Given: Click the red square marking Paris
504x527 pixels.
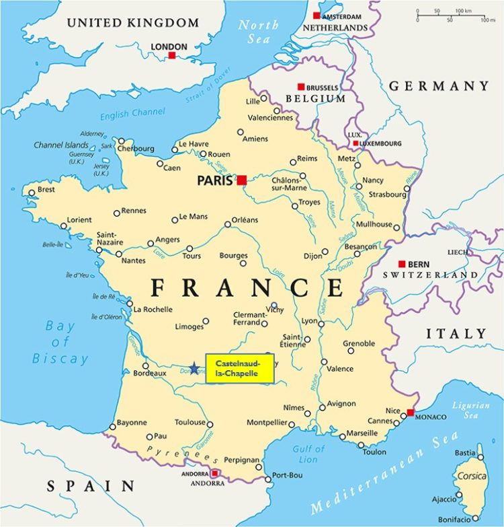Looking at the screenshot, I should pyautogui.click(x=242, y=180).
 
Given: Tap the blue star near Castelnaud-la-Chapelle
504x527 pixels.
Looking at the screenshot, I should pyautogui.click(x=194, y=368).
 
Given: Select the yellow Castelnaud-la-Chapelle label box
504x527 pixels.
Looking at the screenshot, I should pyautogui.click(x=240, y=368).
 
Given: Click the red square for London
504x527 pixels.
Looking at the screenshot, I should pyautogui.click(x=172, y=55).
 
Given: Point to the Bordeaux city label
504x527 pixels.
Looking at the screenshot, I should pyautogui.click(x=149, y=373).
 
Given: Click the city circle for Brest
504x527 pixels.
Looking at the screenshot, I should pyautogui.click(x=31, y=193).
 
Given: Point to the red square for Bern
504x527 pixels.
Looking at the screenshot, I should pyautogui.click(x=402, y=264).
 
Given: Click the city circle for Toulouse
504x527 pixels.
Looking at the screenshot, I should pyautogui.click(x=210, y=424).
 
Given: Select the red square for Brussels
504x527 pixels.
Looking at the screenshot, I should pyautogui.click(x=301, y=87).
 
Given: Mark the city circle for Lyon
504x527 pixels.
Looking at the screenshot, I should pyautogui.click(x=321, y=324).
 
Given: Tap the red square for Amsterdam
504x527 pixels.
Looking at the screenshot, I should pyautogui.click(x=317, y=15).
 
